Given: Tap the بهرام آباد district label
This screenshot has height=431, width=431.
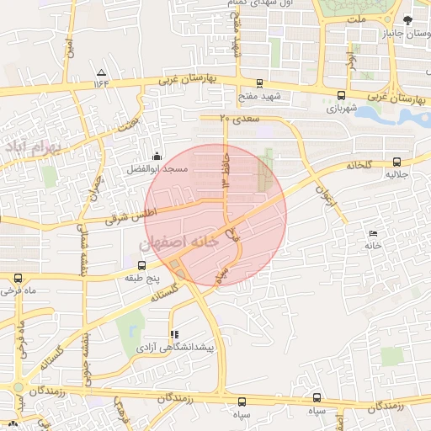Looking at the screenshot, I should coord(34,149).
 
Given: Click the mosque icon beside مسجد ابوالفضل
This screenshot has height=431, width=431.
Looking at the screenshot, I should coord(157,156).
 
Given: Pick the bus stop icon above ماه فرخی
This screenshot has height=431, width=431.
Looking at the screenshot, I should coord(18,278).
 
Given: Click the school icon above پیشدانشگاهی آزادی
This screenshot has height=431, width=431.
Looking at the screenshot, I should coord(174,334).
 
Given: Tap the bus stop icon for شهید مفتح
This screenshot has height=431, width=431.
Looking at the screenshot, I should coord(258,83).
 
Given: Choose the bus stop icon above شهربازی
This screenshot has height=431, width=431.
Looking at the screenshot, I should coord(340,95).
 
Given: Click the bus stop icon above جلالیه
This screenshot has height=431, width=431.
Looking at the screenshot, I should coord(396,162).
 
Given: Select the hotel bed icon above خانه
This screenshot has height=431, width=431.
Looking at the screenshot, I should coord(374,233).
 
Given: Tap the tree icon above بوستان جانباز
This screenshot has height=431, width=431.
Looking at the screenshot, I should coord(408,20).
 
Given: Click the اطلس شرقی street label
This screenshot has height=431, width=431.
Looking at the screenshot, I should coord(130,212).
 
